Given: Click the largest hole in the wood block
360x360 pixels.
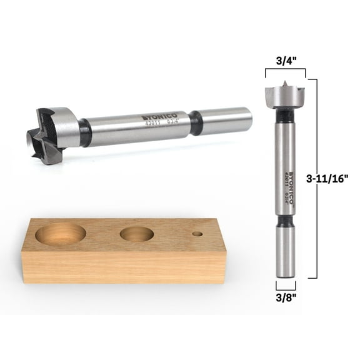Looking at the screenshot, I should click(x=61, y=234).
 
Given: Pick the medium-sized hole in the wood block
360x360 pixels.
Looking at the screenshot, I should click(x=136, y=235).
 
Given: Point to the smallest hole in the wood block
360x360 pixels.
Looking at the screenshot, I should click(x=197, y=234).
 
